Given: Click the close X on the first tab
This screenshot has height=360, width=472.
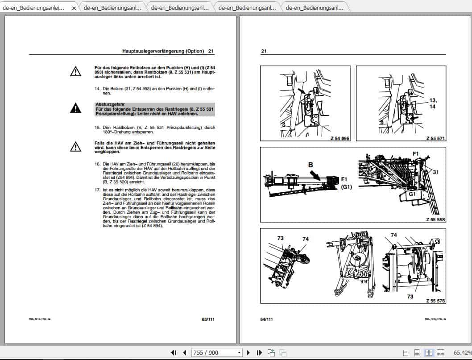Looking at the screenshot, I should coord(74,8).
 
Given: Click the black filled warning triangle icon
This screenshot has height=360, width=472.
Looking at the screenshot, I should coord(75,108).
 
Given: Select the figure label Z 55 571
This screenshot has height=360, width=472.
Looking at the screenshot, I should coord(435,139).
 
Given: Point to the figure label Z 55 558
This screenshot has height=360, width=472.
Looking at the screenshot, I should coord(435,219).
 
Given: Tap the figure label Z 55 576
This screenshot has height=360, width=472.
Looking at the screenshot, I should coord(435,301).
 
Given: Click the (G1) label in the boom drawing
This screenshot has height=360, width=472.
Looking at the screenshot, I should coord(346,187).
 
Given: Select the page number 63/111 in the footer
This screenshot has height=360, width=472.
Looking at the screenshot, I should coord(208,319).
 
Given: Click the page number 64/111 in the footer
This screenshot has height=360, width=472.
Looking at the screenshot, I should coord(267,319).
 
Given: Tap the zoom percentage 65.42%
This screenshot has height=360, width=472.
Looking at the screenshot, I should coord(462,352).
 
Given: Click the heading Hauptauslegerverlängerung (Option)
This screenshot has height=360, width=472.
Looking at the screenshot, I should coord(163,51).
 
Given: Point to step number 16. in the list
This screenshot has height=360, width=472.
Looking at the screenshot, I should coord(97,164).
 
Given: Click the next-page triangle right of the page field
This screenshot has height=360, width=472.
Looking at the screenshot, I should coord(248,352).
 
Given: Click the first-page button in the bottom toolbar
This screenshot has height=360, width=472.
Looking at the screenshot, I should coord(174,352).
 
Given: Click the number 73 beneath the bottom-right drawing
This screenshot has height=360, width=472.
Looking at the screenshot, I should coord(410,296).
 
